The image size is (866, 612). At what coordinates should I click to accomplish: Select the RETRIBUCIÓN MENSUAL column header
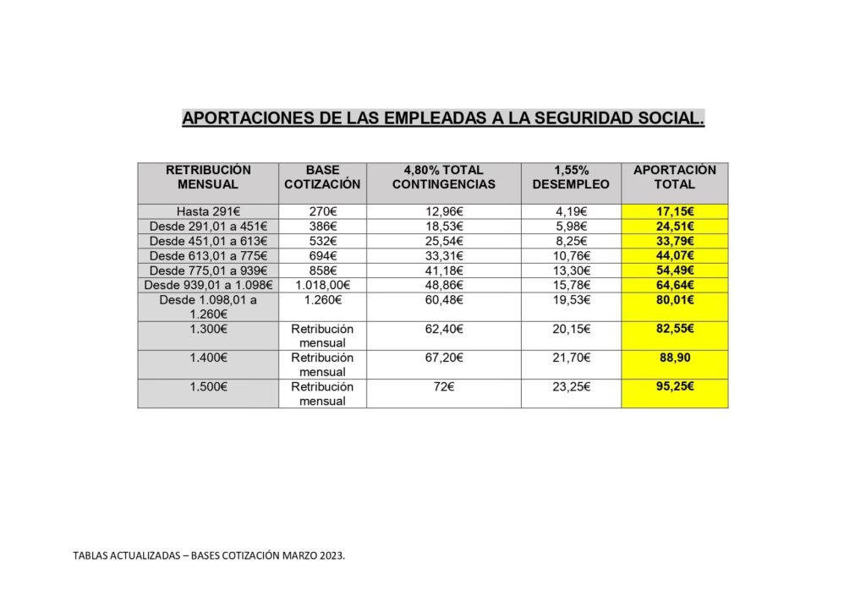tap(208, 177)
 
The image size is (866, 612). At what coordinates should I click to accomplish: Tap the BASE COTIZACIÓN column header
tap(322, 177)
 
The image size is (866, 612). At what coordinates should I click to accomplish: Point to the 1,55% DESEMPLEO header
tap(571, 177)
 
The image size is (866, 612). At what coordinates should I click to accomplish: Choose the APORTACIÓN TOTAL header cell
tap(674, 177)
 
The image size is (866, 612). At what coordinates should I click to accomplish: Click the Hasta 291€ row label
tap(208, 211)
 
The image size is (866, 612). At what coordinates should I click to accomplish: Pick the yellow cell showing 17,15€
tap(674, 211)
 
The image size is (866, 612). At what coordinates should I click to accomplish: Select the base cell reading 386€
tap(322, 227)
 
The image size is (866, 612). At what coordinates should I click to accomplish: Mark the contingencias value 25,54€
tap(444, 241)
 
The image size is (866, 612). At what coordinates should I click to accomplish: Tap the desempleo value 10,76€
tap(571, 255)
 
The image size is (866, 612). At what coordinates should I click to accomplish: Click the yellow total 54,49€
tap(674, 270)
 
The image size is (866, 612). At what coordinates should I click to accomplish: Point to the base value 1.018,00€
tap(322, 285)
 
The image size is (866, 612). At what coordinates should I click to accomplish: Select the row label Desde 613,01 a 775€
tap(208, 255)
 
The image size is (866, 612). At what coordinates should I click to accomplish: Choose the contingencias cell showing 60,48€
tap(444, 300)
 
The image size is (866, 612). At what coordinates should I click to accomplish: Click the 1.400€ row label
tap(208, 358)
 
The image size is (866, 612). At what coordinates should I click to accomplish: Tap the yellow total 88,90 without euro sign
tap(674, 358)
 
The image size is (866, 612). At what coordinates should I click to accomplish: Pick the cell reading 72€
tap(444, 386)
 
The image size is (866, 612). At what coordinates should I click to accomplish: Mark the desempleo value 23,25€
tap(571, 386)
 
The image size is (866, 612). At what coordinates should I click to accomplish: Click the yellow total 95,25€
tap(674, 386)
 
